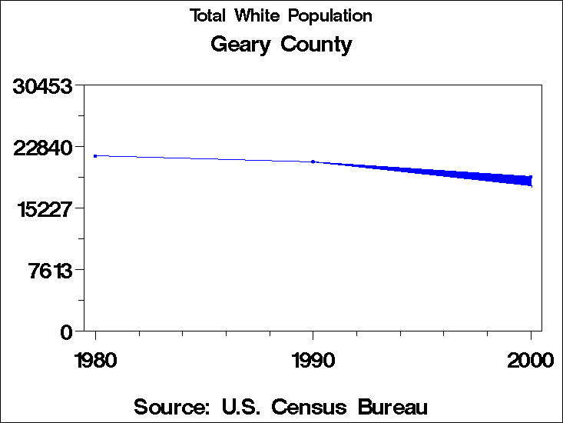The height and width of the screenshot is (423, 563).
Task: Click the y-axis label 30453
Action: click(44, 86)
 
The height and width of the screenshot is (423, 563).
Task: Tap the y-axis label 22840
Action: click(44, 147)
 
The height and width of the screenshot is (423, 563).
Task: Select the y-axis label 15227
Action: click(44, 208)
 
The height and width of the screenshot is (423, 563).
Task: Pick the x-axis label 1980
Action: click(95, 360)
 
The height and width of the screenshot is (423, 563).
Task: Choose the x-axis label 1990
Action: click(313, 360)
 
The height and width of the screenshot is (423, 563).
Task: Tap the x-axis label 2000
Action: click(530, 360)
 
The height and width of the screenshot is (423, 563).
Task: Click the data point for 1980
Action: click(95, 156)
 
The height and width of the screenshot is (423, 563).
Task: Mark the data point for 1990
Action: click(313, 162)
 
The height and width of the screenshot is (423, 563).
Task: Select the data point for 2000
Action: click(530, 181)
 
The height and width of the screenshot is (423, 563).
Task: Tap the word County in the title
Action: click(316, 45)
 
